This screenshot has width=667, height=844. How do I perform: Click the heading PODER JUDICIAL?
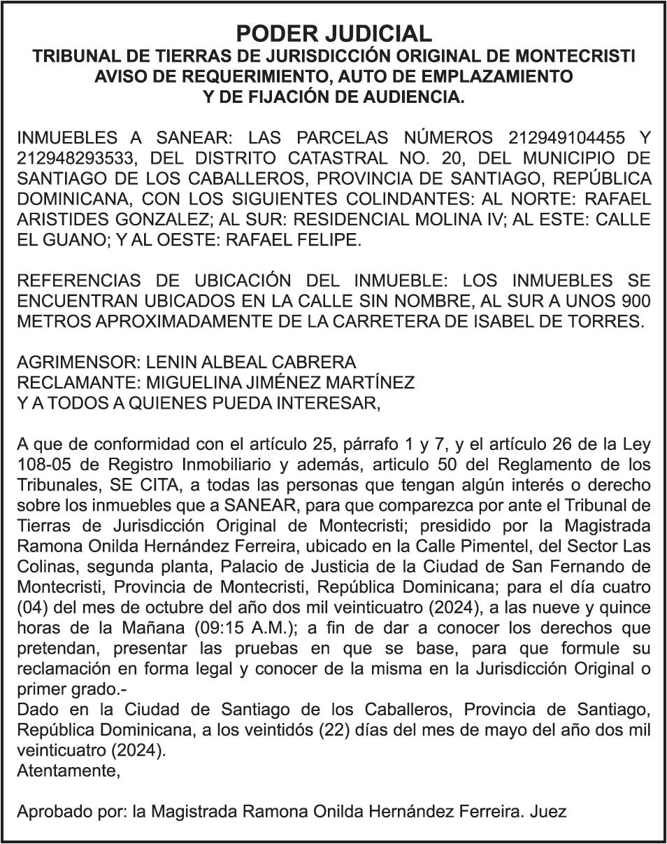click(x=333, y=33)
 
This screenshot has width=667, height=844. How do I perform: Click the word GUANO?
click(x=66, y=240)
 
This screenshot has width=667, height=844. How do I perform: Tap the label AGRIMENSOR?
click(x=78, y=363)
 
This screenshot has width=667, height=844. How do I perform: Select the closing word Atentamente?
click(x=68, y=771)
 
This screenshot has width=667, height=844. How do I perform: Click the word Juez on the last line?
click(x=548, y=812)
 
